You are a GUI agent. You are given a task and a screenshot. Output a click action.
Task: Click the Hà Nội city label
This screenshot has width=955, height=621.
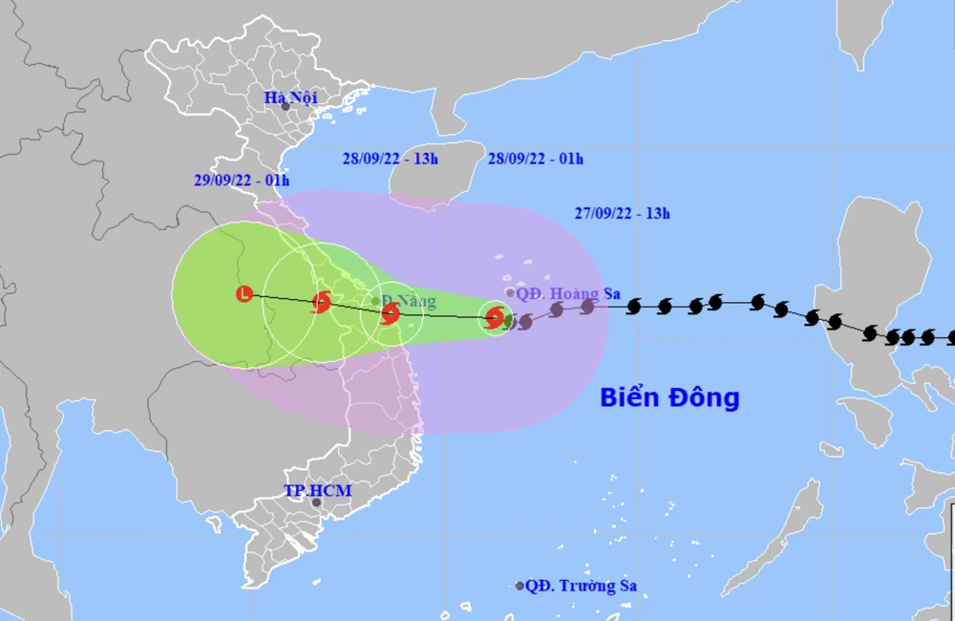pos(290,96)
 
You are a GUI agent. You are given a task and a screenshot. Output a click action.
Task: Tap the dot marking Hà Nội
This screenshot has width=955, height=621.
pos(286,106)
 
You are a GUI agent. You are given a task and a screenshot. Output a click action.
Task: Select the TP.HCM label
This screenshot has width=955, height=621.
pos(318,491)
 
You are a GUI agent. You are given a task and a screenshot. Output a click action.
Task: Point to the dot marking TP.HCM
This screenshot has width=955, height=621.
pos(316,503)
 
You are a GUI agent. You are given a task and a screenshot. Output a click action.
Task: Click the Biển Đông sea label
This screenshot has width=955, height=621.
pos(669,397)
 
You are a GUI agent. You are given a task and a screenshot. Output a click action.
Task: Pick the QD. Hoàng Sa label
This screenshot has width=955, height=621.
pos(564,293)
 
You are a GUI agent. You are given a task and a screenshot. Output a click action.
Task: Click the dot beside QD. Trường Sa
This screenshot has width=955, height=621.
pos(520,586)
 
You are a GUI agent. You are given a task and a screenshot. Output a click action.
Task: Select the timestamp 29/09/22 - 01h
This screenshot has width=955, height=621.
pos(242,181)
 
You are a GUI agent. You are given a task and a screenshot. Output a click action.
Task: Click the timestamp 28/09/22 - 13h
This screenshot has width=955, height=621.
pos(390,159)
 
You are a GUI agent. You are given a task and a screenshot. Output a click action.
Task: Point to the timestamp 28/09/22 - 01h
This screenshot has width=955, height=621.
pos(535,159)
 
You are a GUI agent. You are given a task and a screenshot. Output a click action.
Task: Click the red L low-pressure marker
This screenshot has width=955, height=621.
pos(245,294)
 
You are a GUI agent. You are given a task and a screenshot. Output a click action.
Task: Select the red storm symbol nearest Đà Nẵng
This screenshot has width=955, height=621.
pos(390,313)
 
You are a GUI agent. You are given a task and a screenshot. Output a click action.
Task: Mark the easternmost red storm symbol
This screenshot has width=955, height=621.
pos(495,318)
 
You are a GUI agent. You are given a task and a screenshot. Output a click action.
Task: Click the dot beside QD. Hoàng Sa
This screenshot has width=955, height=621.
pos(510,293)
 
